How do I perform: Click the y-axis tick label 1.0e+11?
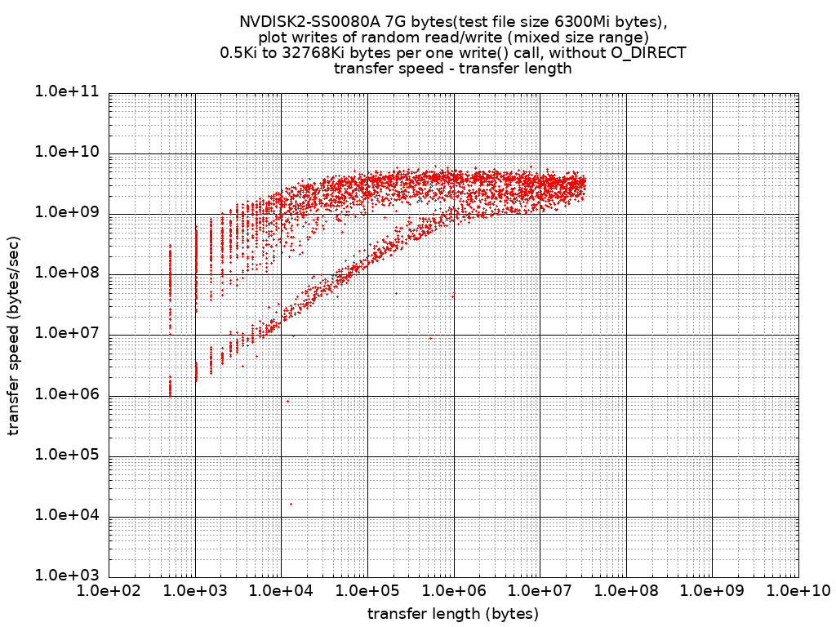coord(67,92)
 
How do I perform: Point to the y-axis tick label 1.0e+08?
coord(67,273)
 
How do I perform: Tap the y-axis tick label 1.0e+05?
coord(67,456)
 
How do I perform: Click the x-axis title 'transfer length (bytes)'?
coord(453,613)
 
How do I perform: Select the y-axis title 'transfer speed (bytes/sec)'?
coord(14,335)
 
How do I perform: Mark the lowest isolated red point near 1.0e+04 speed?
coord(291,504)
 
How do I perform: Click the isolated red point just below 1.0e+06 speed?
coord(287,401)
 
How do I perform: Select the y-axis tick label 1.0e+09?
coord(67,213)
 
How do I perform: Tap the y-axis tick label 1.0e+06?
coord(67,395)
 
